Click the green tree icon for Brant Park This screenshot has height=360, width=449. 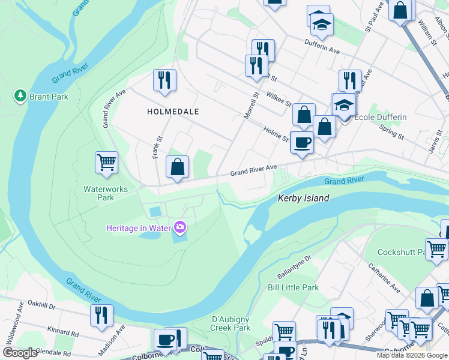point(20,96)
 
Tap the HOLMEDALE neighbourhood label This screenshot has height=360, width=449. point(173,112)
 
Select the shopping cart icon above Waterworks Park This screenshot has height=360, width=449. point(106,162)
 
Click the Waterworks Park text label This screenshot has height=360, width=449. point(98,193)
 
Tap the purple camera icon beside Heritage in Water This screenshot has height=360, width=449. point(179,227)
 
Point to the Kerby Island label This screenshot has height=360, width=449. point(303,198)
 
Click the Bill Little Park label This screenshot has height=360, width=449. point(294,287)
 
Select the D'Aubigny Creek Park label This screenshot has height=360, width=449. point(231,323)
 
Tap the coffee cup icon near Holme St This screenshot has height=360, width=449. point(301,143)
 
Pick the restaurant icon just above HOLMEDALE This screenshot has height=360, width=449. point(164,80)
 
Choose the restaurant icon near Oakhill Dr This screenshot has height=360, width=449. point(101,315)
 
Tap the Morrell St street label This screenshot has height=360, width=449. point(250,104)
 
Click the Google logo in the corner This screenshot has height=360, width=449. point(20,353)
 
